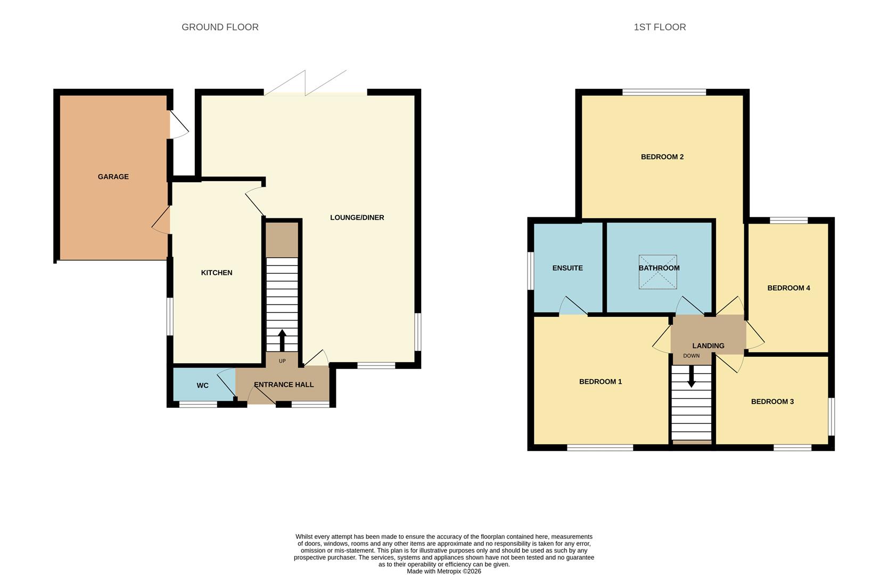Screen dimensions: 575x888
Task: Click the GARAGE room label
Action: (x=113, y=177)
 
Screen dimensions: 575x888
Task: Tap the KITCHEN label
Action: (x=216, y=273)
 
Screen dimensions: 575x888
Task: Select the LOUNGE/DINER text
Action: (x=357, y=217)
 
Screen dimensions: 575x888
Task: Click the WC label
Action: (x=202, y=385)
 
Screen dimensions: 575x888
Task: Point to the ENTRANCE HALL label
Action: (x=283, y=384)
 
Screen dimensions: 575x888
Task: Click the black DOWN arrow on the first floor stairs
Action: (x=691, y=376)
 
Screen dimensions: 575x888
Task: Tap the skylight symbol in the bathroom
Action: (x=658, y=272)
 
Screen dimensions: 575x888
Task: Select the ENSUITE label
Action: (x=568, y=268)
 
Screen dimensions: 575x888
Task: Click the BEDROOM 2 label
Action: (x=662, y=157)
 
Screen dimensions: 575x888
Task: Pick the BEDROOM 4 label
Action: (x=788, y=288)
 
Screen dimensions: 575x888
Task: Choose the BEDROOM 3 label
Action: (x=772, y=401)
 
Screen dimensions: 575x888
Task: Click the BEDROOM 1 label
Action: (x=600, y=381)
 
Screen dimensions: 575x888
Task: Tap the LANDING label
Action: (x=708, y=346)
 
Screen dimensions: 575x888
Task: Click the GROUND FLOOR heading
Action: (x=220, y=27)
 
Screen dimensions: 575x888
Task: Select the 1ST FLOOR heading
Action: (x=660, y=27)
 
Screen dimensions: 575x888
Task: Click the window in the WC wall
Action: (x=198, y=405)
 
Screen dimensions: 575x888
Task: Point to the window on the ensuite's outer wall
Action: (x=531, y=270)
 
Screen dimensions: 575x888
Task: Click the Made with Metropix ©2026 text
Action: (x=443, y=571)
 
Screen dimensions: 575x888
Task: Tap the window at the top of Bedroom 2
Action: (x=664, y=93)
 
